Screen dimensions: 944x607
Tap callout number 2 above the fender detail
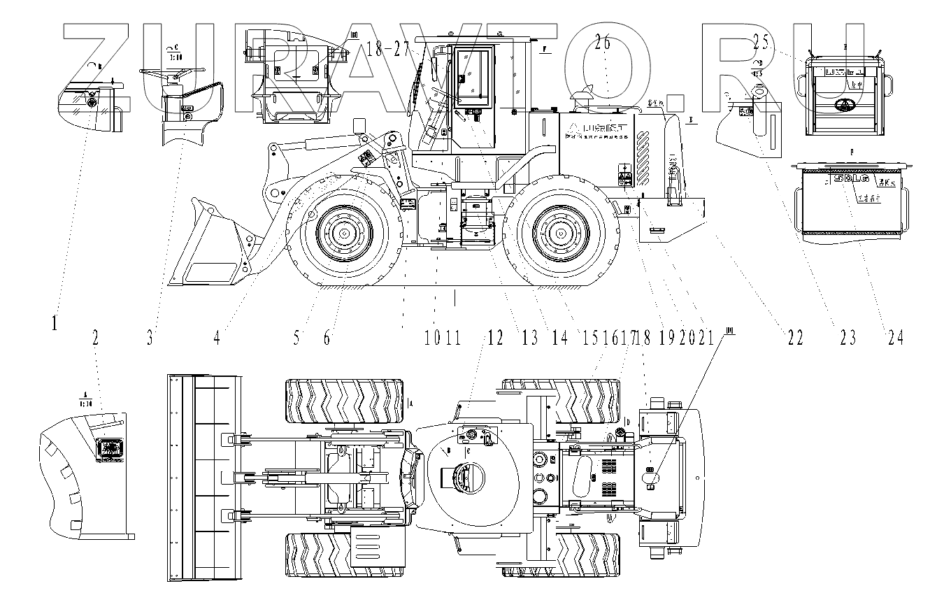click(95, 338)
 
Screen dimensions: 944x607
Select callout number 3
click(150, 338)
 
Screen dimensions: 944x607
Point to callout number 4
click(217, 338)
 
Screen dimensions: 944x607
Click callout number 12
click(496, 338)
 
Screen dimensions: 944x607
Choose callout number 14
click(559, 338)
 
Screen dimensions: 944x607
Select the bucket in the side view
click(210, 245)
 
